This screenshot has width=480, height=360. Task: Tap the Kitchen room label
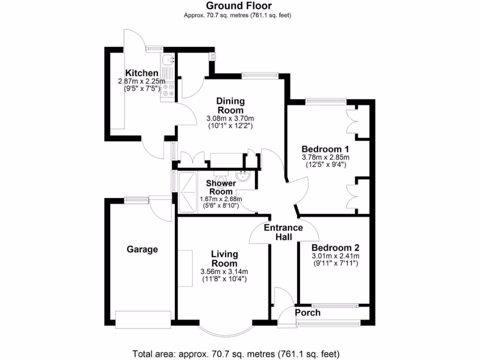[x=142, y=73]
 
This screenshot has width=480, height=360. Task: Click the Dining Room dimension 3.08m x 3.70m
[x=230, y=118]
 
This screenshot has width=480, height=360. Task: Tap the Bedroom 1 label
[x=325, y=150]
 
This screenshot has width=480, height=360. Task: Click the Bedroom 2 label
[x=335, y=247]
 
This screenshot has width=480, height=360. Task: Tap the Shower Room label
[x=221, y=187]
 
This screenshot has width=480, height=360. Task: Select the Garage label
[x=142, y=249]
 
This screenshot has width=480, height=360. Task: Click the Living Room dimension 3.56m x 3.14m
[x=224, y=272]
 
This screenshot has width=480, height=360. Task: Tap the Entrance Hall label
[x=283, y=232]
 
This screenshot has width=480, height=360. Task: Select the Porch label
[x=307, y=312]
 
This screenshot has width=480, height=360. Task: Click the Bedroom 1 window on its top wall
[x=326, y=100]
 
